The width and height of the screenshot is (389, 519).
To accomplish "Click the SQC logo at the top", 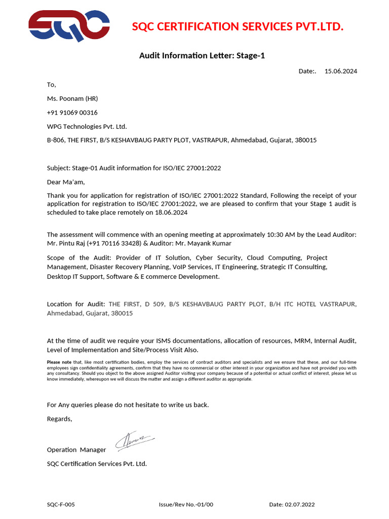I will pyautogui.click(x=69, y=26).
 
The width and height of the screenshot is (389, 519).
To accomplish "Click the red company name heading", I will pyautogui.click(x=238, y=26).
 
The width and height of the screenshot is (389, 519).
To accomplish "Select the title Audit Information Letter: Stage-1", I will pyautogui.click(x=202, y=56).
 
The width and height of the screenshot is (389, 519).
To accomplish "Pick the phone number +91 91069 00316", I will pyautogui.click(x=72, y=113).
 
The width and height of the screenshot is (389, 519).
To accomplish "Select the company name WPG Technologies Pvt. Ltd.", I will pyautogui.click(x=87, y=126).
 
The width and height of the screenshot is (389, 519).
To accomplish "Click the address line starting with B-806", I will pyautogui.click(x=181, y=140).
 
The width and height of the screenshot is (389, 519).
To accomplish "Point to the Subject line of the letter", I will pyautogui.click(x=134, y=168).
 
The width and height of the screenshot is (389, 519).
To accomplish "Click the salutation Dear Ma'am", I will pyautogui.click(x=66, y=181).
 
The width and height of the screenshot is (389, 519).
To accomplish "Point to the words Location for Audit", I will pyautogui.click(x=76, y=304).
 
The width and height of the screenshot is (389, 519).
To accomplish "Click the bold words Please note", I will pyautogui.click(x=59, y=362).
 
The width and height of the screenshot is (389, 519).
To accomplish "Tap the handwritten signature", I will pyautogui.click(x=135, y=441).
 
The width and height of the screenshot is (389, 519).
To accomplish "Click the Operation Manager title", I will pyautogui.click(x=76, y=450).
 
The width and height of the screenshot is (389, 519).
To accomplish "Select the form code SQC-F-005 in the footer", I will pyautogui.click(x=61, y=504).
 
